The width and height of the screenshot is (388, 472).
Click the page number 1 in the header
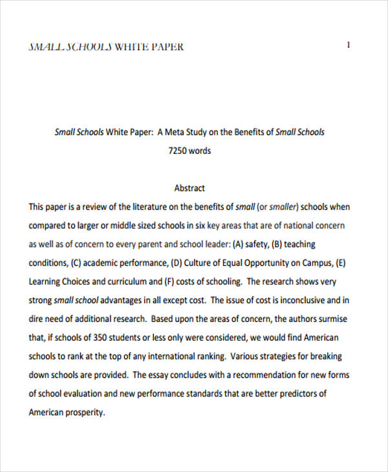[x=349, y=45]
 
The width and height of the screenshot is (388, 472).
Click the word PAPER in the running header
[x=167, y=47]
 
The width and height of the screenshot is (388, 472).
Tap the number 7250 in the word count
[x=178, y=151]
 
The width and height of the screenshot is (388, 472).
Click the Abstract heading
[x=189, y=188]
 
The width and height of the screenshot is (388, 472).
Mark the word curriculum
[x=121, y=282]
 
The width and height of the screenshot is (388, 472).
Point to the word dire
[x=38, y=319]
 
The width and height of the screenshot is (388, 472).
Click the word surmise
[x=325, y=319]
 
